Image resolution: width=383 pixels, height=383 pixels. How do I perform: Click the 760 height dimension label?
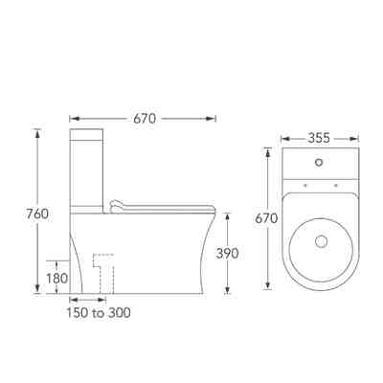(x=37, y=214)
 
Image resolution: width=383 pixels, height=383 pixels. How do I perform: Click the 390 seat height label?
(x=227, y=254)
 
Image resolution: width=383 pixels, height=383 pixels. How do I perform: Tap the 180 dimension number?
(x=57, y=279)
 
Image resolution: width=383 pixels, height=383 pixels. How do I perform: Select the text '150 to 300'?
(x=99, y=313)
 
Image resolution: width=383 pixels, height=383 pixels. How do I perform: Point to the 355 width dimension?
(x=319, y=138)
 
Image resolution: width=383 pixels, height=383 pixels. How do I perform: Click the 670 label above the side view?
(x=145, y=119)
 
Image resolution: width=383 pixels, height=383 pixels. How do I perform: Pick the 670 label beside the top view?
(x=266, y=218)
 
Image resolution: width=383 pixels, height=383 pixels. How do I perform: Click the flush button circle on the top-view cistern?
(x=319, y=163)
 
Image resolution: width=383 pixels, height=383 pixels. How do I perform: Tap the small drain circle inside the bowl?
(x=321, y=241)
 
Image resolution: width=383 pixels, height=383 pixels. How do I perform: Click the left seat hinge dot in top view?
(x=305, y=185)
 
